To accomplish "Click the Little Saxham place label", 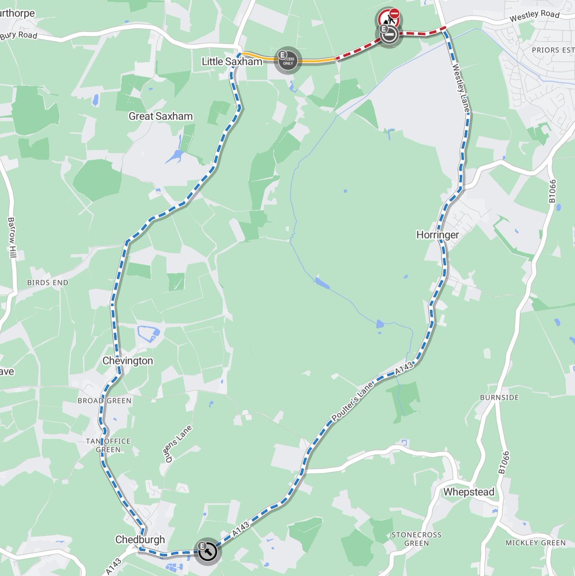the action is point(232,61).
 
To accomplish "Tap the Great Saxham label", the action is point(160,116).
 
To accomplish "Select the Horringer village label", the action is point(438,235).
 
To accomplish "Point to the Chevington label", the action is point(128,360).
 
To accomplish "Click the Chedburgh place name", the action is point(140,540).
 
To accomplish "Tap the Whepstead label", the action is point(469,492).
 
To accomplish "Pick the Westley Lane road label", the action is point(461,89).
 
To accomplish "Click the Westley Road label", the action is point(535,16).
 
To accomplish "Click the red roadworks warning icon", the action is point(389,18).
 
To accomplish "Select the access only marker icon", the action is point(287,60).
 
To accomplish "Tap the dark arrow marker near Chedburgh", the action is point(207,551).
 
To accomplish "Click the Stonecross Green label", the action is point(416,539).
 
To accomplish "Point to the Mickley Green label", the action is point(536,543).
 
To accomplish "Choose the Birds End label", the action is point(48,283).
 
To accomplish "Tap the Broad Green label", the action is point(104,400).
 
